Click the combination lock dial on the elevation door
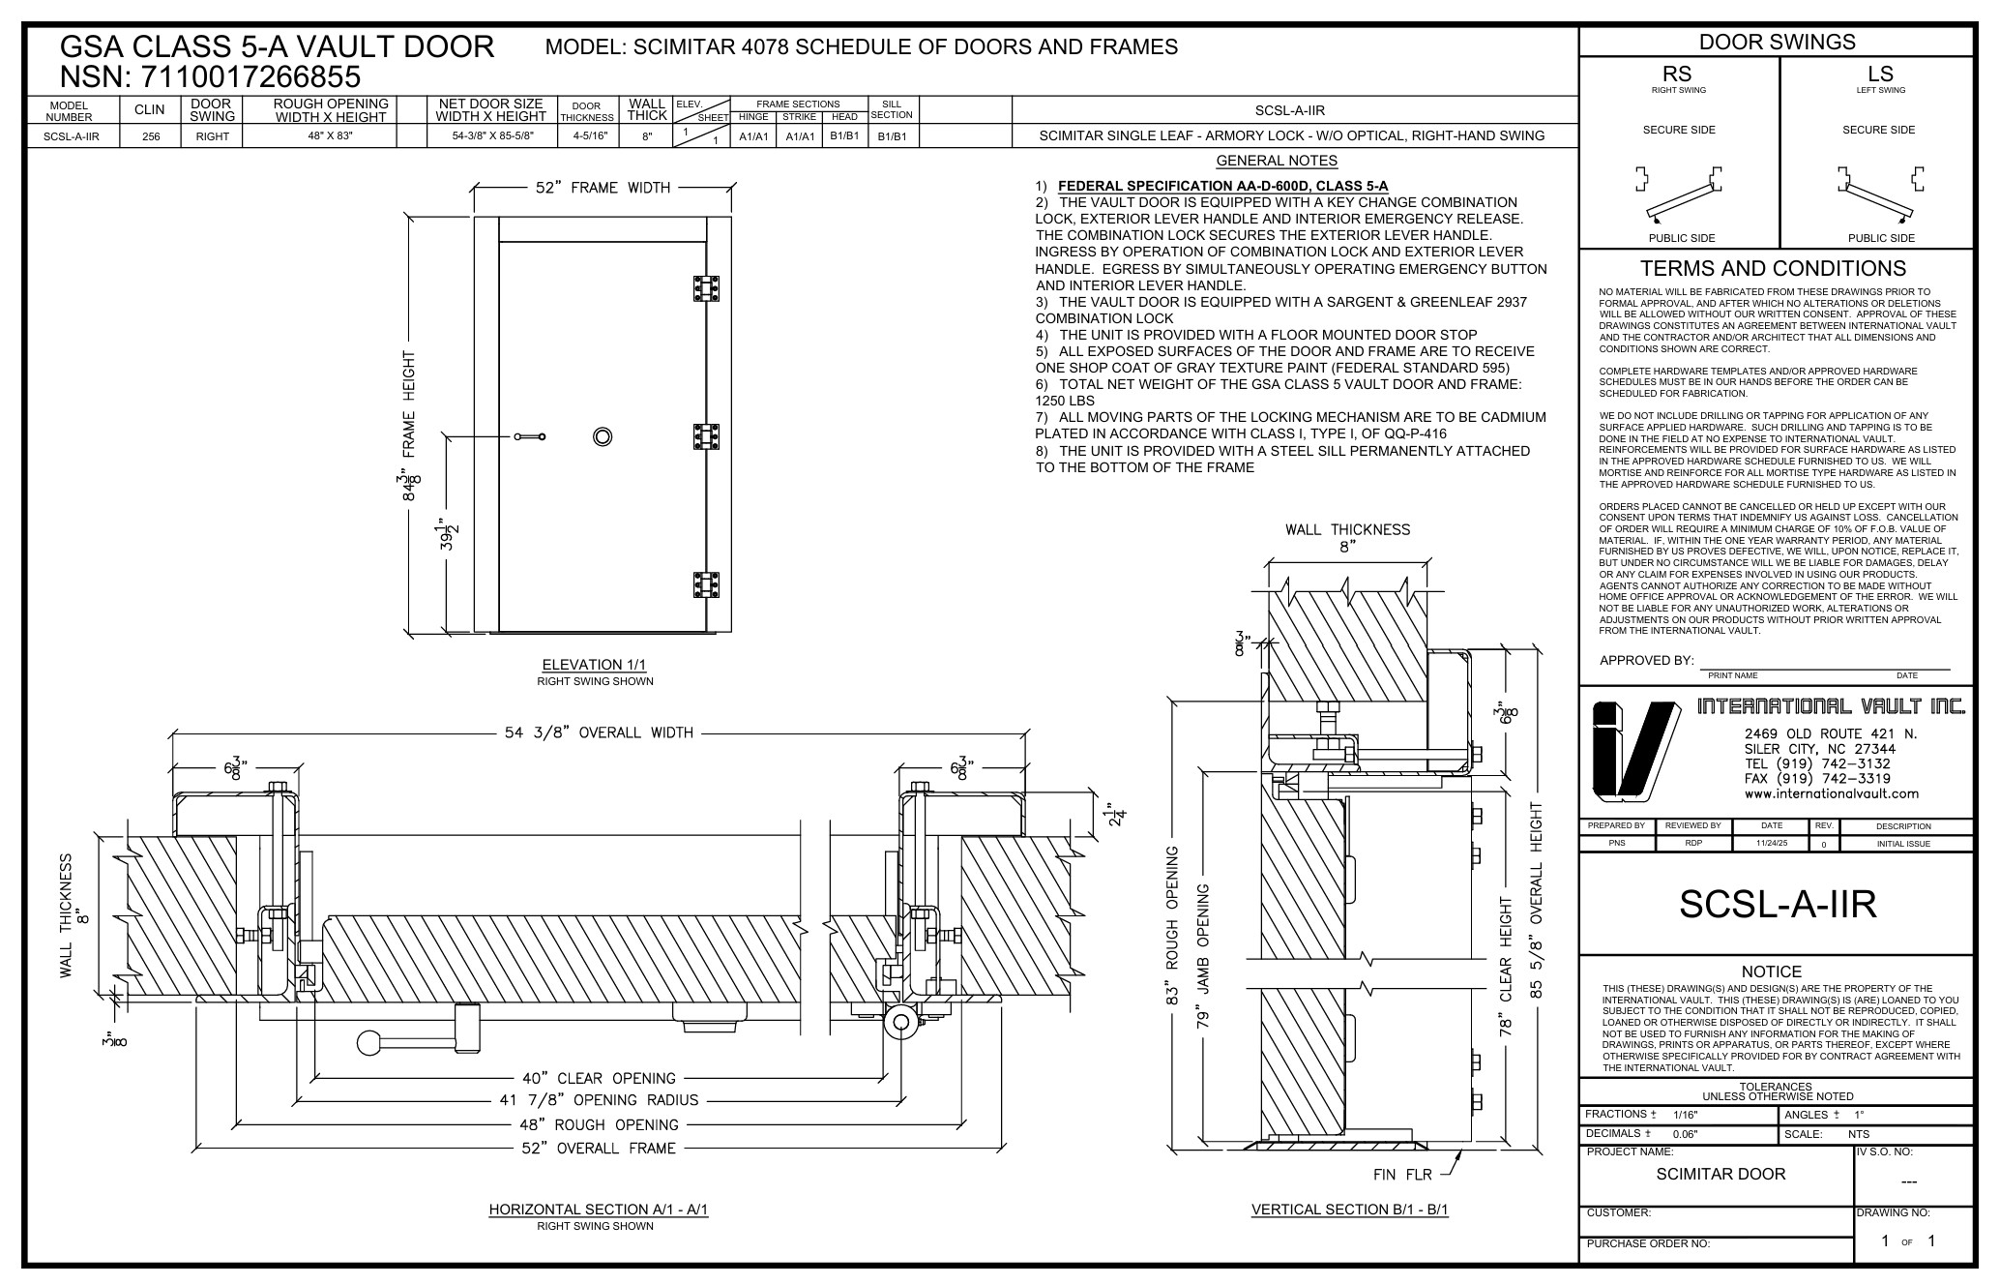coord(603,436)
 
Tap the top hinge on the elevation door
coord(707,288)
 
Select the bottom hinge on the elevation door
coord(707,585)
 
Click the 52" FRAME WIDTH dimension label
coord(603,188)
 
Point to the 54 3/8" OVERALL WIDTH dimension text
coord(599,732)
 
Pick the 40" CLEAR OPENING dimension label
coord(599,1078)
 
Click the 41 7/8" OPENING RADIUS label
coord(599,1100)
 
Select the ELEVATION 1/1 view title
coord(594,665)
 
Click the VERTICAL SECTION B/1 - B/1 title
coord(1349,1210)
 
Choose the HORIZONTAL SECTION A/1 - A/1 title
coord(598,1210)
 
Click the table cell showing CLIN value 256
coord(151,136)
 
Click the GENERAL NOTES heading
coord(1276,161)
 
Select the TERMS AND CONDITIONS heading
coord(1774,268)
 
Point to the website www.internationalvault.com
coord(1831,793)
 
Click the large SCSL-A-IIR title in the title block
coord(1778,904)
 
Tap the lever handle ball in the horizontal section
coord(368,1043)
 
